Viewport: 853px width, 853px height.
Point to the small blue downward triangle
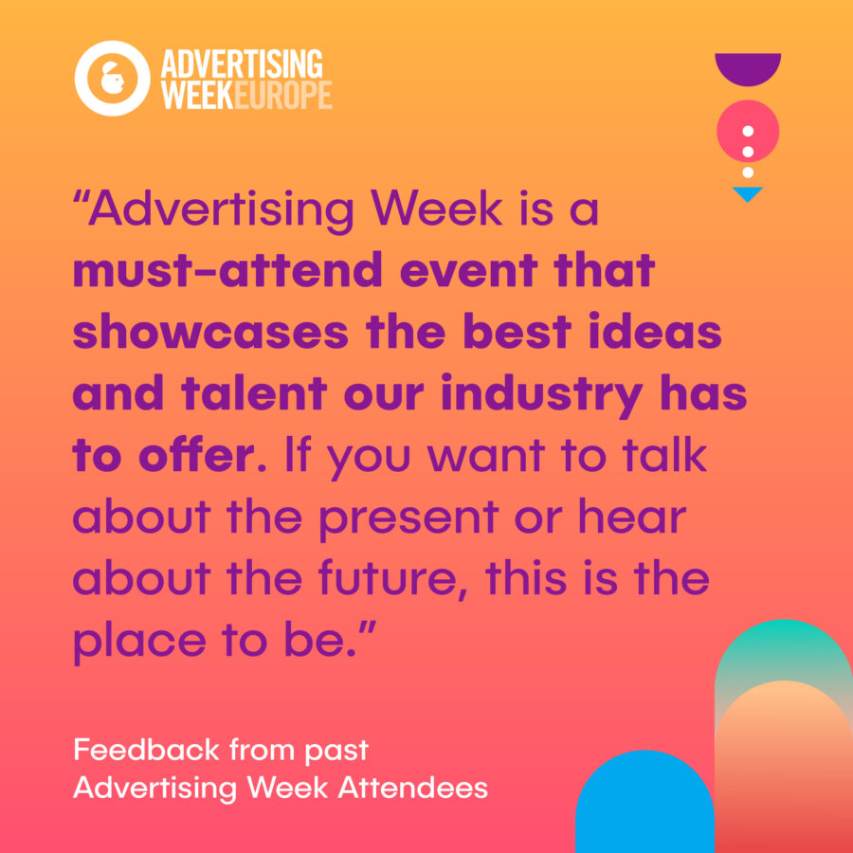[748, 193]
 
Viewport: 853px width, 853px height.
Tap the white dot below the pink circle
[748, 172]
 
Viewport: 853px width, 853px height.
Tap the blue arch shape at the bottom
[644, 806]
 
